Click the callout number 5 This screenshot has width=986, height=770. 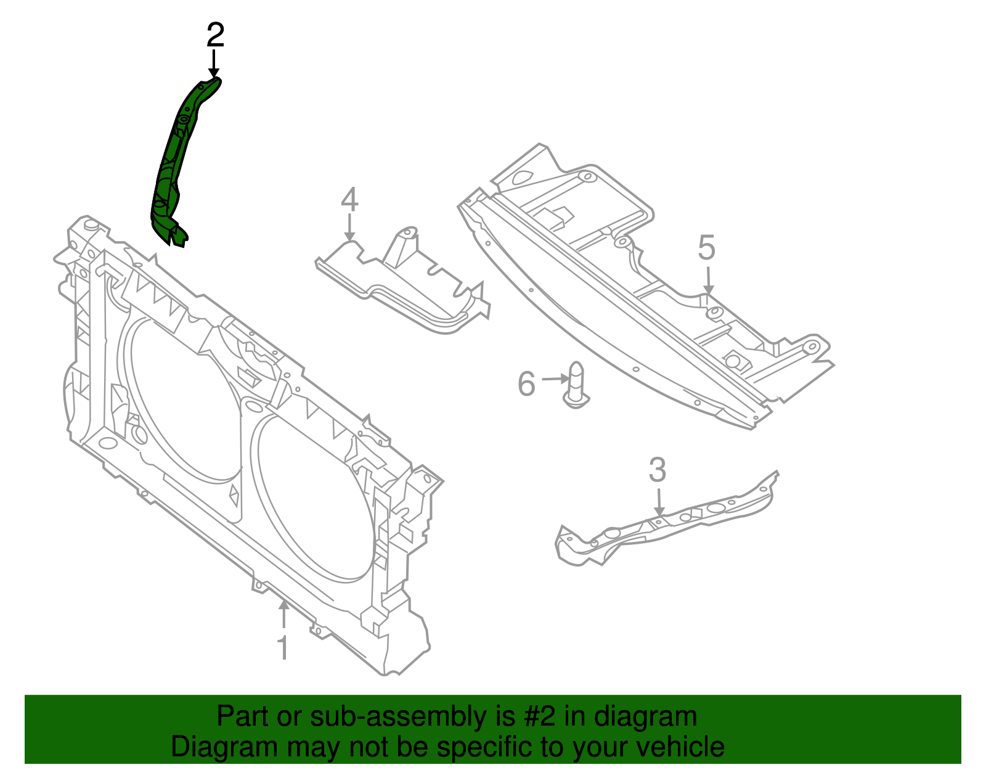pos(706,248)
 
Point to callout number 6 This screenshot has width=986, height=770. pos(526,383)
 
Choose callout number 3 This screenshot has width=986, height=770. pos(658,470)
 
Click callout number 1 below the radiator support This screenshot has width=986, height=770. pos(283,647)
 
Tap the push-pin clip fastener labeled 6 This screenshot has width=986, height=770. pos(575,385)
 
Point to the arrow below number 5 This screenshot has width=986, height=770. pos(708,281)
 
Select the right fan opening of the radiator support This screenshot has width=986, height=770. pos(311,493)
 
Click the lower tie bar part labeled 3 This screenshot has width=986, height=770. pos(666,524)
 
